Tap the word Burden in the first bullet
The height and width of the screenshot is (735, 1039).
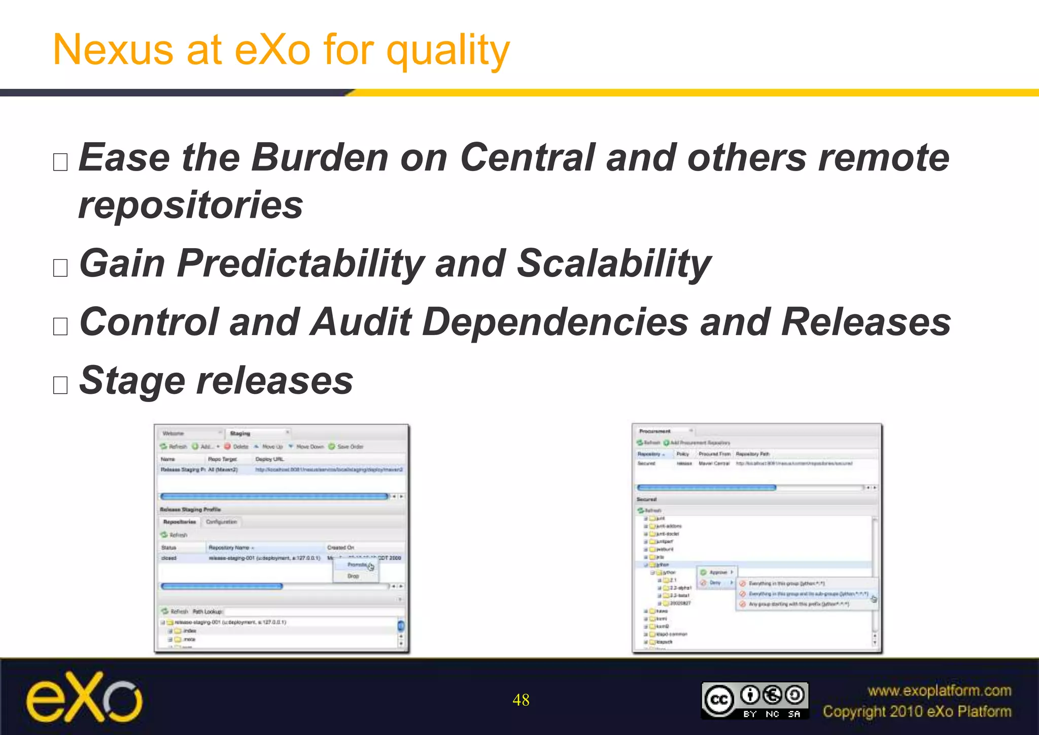pos(320,157)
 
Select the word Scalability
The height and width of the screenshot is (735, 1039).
pos(613,264)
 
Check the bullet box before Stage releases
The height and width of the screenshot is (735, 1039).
pos(60,385)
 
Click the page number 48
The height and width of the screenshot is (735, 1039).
pos(521,700)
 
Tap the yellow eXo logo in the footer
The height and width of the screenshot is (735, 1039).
pos(84,697)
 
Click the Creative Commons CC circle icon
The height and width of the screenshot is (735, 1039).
pos(719,700)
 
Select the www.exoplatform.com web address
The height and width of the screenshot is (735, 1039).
pos(939,690)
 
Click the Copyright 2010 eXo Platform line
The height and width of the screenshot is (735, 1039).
pos(917,712)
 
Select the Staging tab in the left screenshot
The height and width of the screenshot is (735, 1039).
pos(240,433)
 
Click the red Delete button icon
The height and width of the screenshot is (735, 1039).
pos(228,447)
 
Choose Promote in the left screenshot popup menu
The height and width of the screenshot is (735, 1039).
pos(357,565)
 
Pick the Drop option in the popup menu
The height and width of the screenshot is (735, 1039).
pos(353,576)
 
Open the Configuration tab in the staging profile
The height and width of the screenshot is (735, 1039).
pos(221,522)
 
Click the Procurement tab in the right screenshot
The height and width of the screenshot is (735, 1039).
pos(654,431)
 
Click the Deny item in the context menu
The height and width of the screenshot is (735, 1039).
pos(715,583)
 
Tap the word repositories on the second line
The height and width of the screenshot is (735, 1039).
pos(191,206)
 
